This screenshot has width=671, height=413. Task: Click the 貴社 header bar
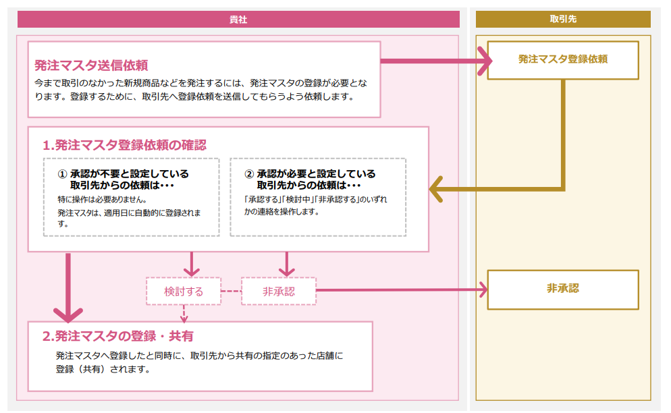pyautogui.click(x=238, y=19)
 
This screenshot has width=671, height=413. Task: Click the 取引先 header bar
pyautogui.click(x=563, y=19)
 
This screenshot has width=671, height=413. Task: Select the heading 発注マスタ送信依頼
pyautogui.click(x=91, y=65)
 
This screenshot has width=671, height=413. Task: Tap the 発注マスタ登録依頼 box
pyautogui.click(x=562, y=60)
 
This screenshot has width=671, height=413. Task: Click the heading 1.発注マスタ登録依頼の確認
pyautogui.click(x=124, y=145)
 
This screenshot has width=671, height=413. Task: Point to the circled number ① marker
pyautogui.click(x=62, y=174)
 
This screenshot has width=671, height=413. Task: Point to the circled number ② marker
pyautogui.click(x=248, y=174)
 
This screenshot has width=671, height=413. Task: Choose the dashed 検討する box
pyautogui.click(x=184, y=292)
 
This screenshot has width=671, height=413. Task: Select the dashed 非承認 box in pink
pyautogui.click(x=278, y=292)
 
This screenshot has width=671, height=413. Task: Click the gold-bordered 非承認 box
pyautogui.click(x=562, y=289)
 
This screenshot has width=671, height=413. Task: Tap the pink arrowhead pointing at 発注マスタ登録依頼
pyautogui.click(x=485, y=61)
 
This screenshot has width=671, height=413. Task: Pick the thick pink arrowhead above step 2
pyautogui.click(x=68, y=314)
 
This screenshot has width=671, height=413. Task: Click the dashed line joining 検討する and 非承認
pyautogui.click(x=231, y=292)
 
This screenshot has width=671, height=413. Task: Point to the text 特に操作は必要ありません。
pyautogui.click(x=102, y=200)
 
